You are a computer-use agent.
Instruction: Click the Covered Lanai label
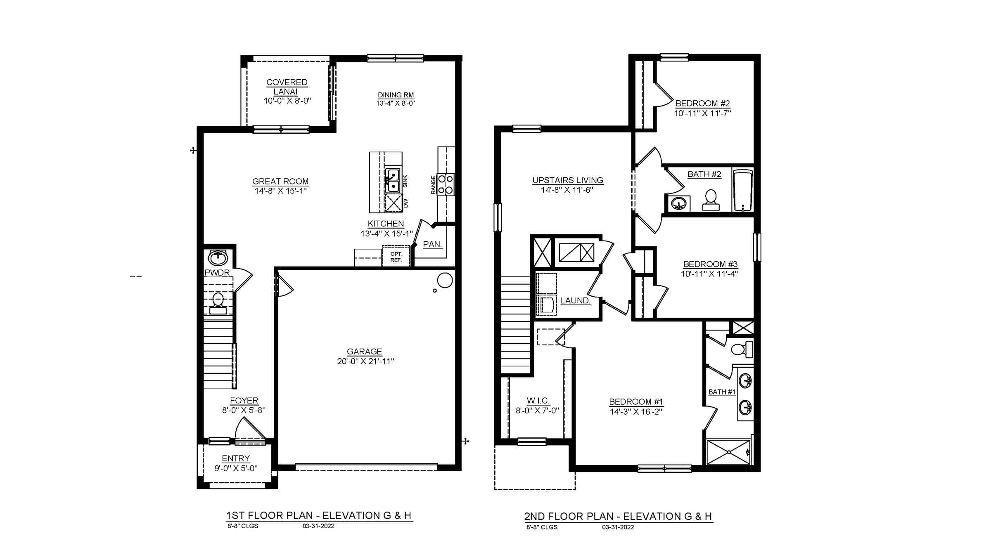[x=287, y=87]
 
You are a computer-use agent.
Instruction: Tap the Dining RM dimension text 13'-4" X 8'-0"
[x=395, y=104]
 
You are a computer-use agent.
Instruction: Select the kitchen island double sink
[x=393, y=181]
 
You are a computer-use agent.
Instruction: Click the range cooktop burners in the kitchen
[x=446, y=184]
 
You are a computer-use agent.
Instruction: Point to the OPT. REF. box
[x=396, y=257]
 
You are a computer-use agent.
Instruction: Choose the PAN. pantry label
[x=432, y=244]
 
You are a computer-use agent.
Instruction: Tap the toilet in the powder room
[x=218, y=303]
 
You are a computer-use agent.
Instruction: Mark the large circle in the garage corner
[x=445, y=280]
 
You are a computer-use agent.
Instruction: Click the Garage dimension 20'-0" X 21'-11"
[x=365, y=361]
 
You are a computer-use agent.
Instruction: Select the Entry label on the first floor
[x=236, y=458]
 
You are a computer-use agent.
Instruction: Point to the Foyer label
[x=244, y=401]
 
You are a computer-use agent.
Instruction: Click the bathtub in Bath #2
[x=743, y=190]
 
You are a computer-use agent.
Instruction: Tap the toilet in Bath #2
[x=711, y=200]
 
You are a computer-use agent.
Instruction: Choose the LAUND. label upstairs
[x=575, y=301]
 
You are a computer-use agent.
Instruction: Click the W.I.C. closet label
[x=538, y=401]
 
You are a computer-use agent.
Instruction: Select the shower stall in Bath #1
[x=728, y=452]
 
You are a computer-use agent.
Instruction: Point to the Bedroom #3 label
[x=710, y=264]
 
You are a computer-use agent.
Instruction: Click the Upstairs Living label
[x=568, y=180]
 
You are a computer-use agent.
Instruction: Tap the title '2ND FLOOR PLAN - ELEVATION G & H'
[x=618, y=516]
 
